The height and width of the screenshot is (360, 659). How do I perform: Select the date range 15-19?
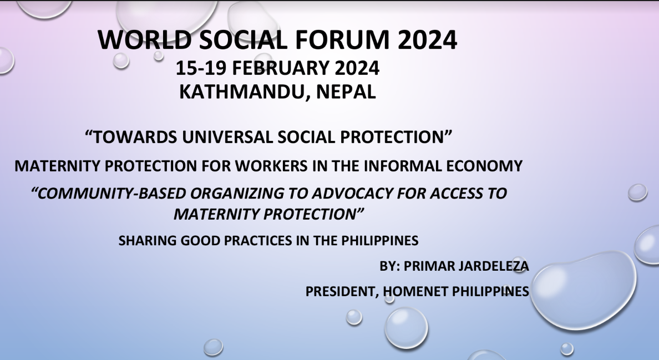pyautogui.click(x=201, y=68)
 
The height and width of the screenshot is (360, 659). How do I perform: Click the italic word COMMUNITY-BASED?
pyautogui.click(x=112, y=193)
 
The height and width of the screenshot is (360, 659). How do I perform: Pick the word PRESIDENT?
pyautogui.click(x=341, y=292)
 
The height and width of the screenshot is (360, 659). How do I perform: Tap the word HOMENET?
pyautogui.click(x=415, y=291)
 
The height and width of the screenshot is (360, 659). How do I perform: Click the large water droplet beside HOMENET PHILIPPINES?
pyautogui.click(x=584, y=290)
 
